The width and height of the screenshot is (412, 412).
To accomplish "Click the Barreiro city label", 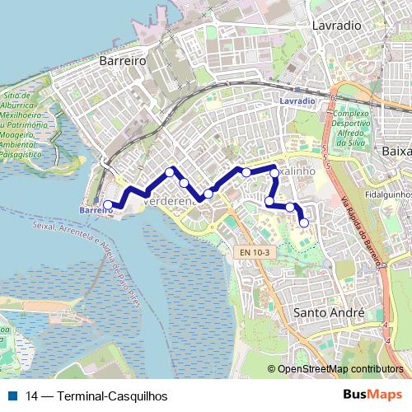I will coord(121,61).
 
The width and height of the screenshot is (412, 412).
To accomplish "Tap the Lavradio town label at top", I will coord(336,26).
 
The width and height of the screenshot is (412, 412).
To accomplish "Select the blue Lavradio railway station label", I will coord(297,101).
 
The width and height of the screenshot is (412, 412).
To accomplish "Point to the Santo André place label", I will coord(329,313).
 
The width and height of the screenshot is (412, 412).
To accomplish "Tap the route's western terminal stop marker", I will coord(108,204).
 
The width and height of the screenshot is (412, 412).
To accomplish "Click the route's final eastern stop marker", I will coord(304,222).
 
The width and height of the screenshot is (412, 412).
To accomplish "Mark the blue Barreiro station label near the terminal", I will coord(96,211).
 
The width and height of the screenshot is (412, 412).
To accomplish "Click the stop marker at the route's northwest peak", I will coord(170,172).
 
